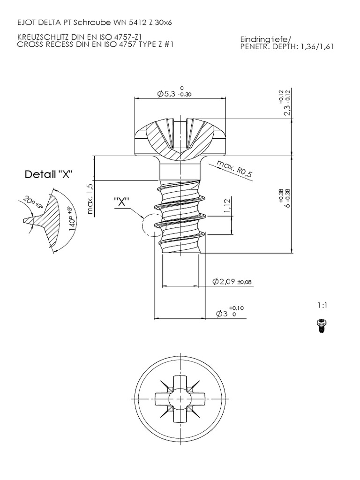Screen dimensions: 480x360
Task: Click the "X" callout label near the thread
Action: click(122, 201)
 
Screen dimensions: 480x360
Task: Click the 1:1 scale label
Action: click(322, 305)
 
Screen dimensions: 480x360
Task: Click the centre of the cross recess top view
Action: click(180, 399)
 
